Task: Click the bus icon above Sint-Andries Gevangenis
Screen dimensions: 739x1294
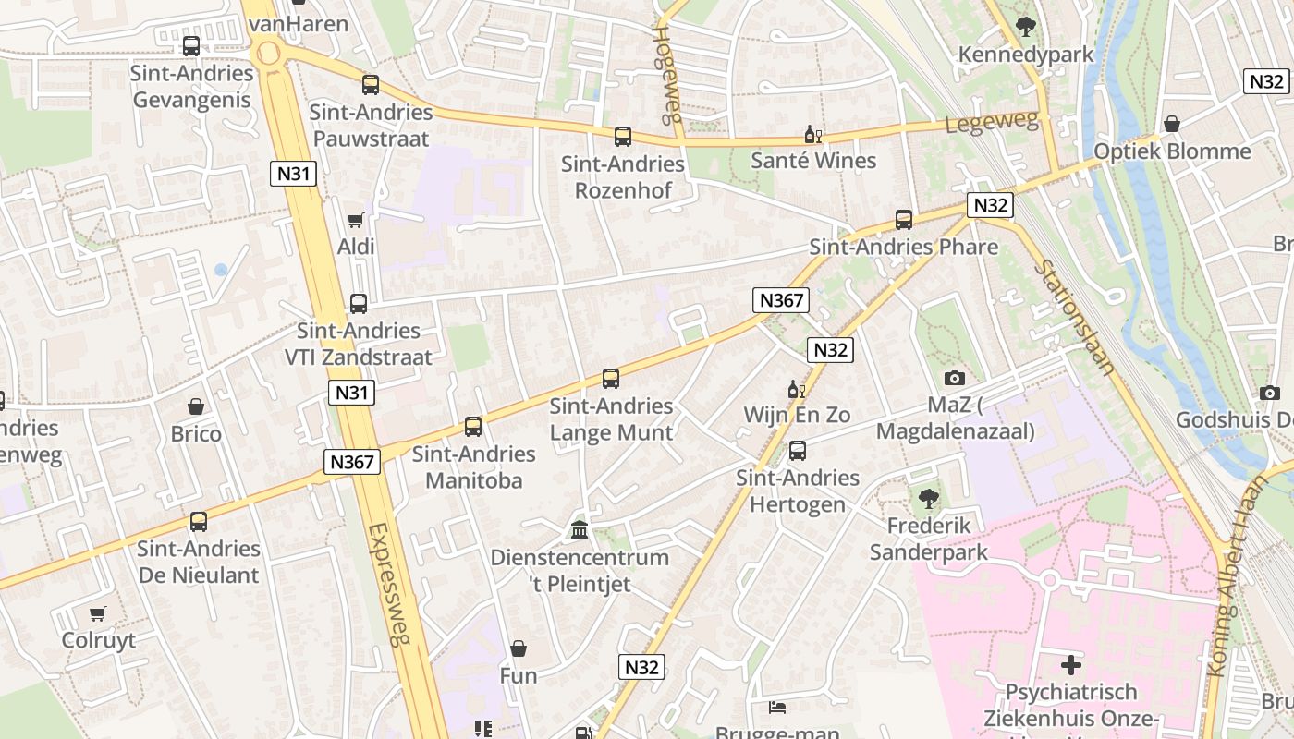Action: click(191, 45)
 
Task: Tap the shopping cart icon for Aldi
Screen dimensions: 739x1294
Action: click(356, 220)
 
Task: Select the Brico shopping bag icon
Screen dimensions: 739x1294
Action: click(196, 406)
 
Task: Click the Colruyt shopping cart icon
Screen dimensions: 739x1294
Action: click(98, 613)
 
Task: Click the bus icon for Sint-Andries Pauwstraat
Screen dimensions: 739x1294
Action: click(371, 85)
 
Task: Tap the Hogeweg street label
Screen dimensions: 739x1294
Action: click(666, 74)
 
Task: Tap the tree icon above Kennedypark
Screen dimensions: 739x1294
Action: click(1025, 27)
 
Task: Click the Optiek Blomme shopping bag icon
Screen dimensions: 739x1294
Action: click(1172, 124)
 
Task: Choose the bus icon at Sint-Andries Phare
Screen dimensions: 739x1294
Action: click(904, 220)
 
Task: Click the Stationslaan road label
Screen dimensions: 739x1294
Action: click(1075, 317)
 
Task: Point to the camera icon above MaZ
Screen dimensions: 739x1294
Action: click(955, 378)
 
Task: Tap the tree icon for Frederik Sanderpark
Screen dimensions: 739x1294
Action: click(929, 500)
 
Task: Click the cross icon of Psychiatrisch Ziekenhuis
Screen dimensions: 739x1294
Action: click(1070, 664)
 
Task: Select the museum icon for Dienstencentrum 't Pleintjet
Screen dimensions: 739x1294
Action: click(580, 530)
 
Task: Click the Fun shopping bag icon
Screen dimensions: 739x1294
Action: click(519, 648)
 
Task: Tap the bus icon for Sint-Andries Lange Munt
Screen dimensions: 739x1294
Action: click(611, 379)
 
